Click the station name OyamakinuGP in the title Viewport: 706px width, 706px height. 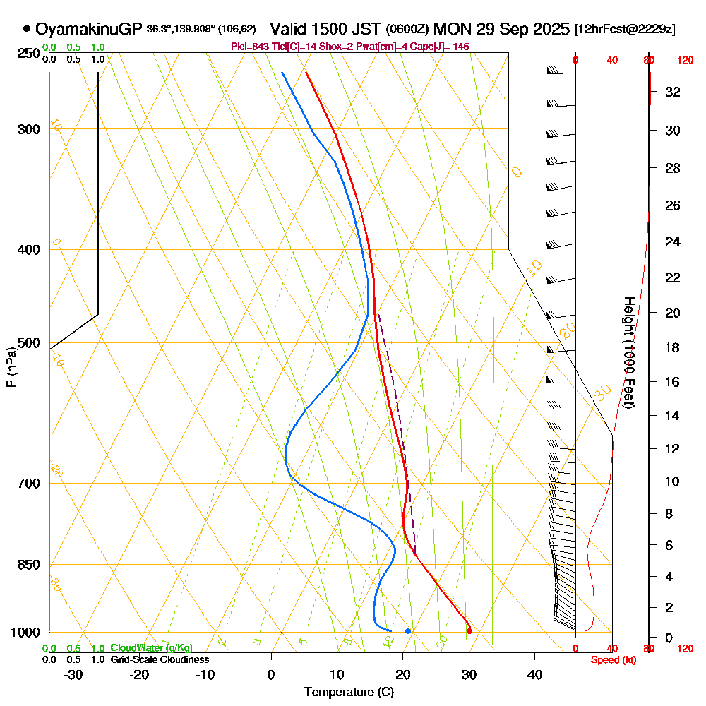tap(89, 29)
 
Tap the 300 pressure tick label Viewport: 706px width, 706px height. tap(28, 129)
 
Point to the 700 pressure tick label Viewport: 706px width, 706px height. tap(28, 484)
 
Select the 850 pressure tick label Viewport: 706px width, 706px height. tap(28, 565)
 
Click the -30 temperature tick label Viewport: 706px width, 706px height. tap(73, 674)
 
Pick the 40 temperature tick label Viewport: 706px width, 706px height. tap(534, 674)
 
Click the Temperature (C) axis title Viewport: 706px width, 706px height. tap(349, 693)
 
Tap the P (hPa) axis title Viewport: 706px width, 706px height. tap(11, 367)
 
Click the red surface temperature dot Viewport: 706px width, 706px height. tap(469, 630)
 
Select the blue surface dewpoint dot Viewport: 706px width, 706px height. tap(408, 630)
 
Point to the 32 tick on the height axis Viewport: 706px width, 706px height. tap(673, 92)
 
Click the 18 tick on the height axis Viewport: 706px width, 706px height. tap(673, 347)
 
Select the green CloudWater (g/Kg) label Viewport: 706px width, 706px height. tap(151, 648)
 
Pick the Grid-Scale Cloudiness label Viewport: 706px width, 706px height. tap(159, 659)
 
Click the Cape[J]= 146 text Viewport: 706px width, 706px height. tap(444, 47)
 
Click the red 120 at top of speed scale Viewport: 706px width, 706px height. tap(684, 61)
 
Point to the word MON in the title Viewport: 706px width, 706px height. tap(452, 29)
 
